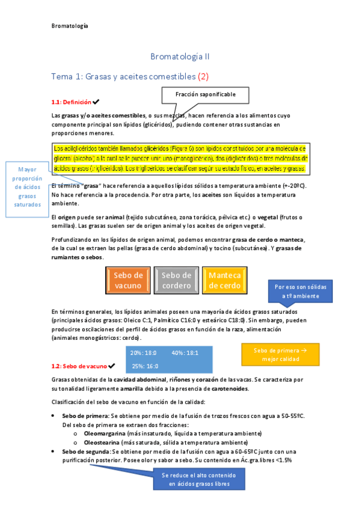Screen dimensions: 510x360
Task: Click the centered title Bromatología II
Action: [180, 57]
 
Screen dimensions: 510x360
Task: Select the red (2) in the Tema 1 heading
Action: [203, 76]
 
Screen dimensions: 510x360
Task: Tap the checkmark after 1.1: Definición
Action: [96, 102]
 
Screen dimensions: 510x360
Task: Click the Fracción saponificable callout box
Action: [205, 95]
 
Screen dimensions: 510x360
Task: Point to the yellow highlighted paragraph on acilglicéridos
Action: [180, 158]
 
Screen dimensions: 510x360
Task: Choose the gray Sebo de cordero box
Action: [176, 280]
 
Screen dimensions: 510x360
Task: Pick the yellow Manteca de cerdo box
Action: [224, 280]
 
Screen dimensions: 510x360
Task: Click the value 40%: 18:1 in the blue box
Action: [185, 352]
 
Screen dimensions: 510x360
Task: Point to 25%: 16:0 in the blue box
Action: [145, 366]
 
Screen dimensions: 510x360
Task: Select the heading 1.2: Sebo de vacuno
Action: [79, 366]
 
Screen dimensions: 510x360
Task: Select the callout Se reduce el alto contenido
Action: [198, 479]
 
